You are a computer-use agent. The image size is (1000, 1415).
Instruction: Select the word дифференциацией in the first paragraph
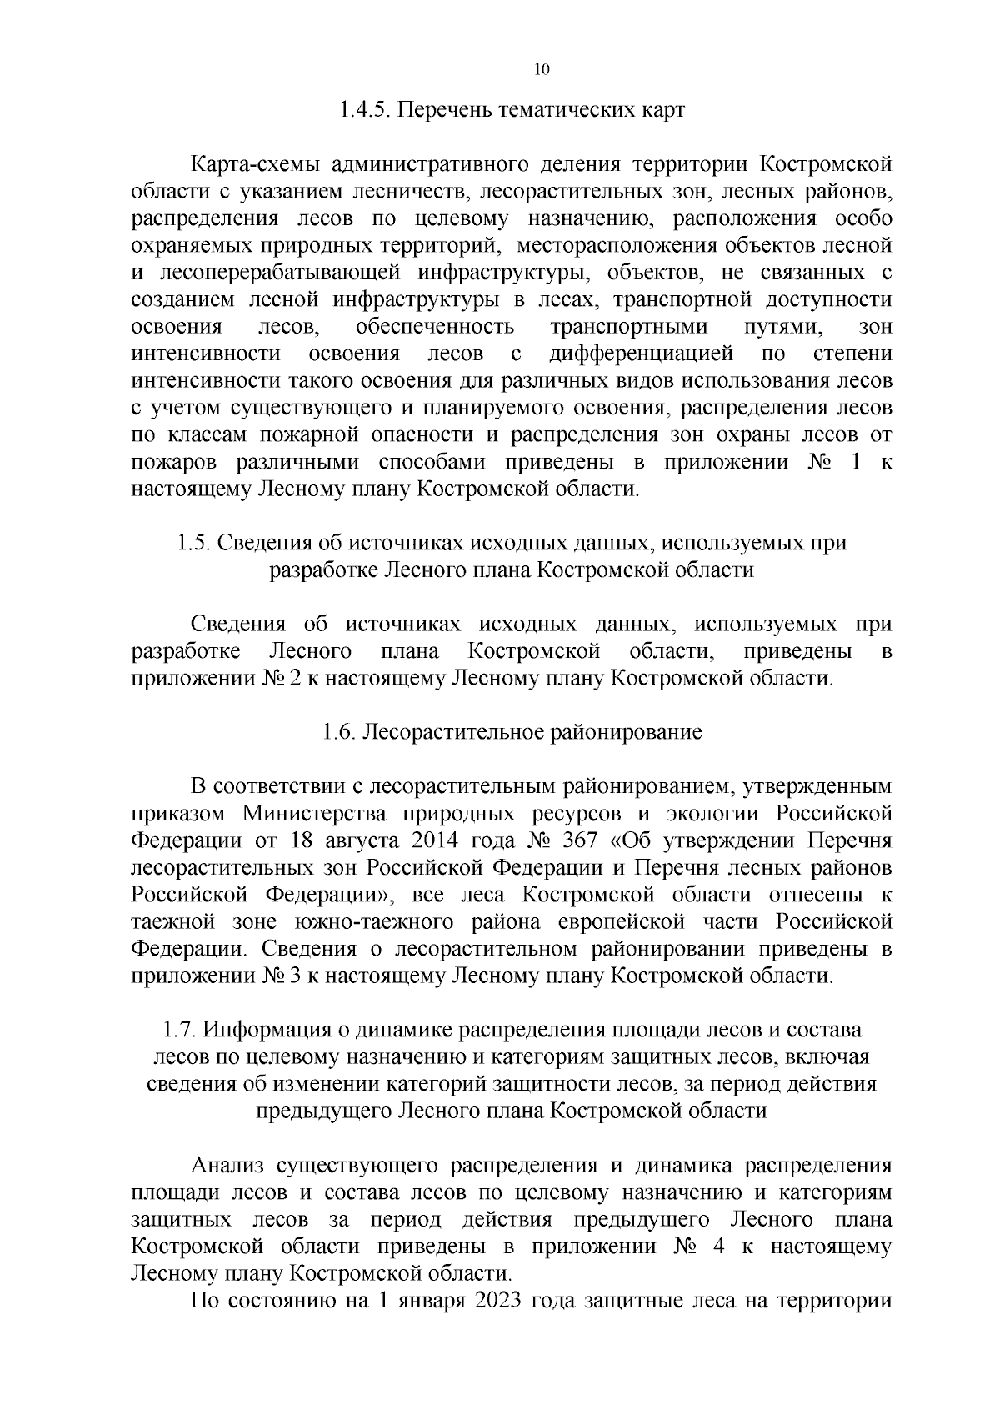pos(641,354)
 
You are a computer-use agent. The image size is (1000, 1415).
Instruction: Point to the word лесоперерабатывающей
pos(266,273)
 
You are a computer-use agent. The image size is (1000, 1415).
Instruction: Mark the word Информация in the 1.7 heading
pos(267,1031)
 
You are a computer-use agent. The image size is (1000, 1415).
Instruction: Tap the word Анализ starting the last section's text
pos(227,1166)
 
